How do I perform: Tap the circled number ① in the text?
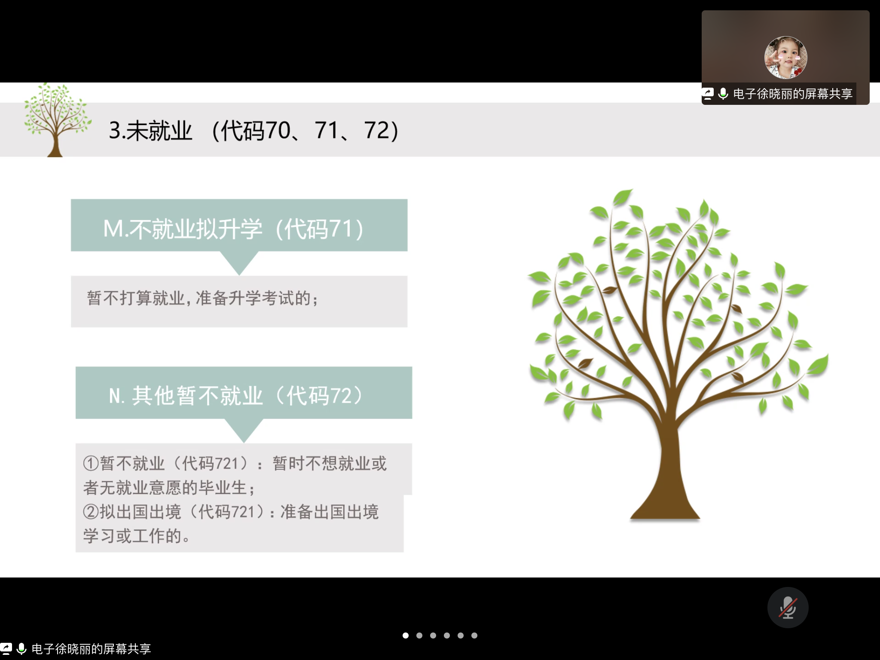tap(91, 463)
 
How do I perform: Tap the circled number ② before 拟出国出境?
tap(91, 511)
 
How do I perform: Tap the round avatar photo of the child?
tap(785, 58)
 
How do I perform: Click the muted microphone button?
tap(788, 608)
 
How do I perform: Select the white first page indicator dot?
tap(406, 636)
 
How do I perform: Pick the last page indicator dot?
tap(474, 636)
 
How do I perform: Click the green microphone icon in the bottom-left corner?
tap(21, 648)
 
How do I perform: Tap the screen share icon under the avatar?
tap(708, 94)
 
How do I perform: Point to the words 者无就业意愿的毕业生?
tap(165, 488)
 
